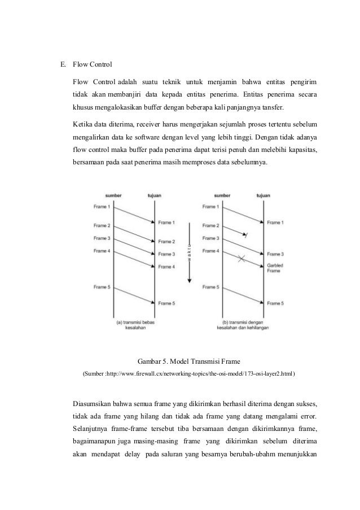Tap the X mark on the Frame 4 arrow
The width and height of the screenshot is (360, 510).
(242, 259)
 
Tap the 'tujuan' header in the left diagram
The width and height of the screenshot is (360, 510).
(154, 196)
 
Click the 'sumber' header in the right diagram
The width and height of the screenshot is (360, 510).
(223, 196)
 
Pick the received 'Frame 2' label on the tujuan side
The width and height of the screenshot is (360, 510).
(166, 242)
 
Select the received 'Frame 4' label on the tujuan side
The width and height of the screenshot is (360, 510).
(166, 267)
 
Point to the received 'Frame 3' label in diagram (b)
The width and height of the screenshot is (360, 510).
(275, 254)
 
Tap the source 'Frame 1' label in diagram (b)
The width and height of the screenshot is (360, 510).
(210, 207)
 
